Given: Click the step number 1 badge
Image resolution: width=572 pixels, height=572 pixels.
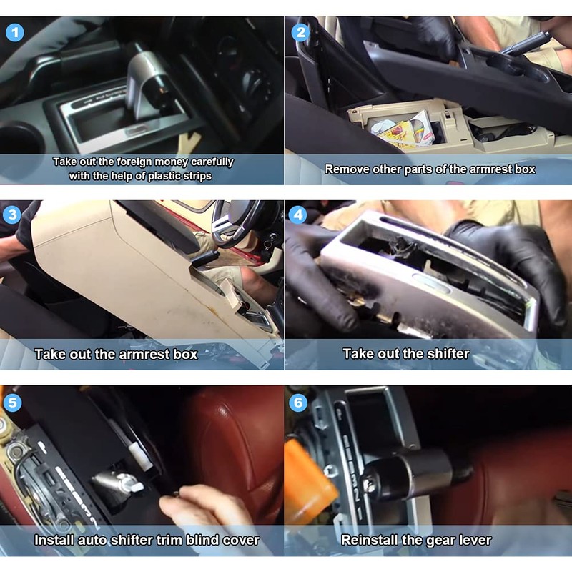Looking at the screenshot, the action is pyautogui.click(x=15, y=32).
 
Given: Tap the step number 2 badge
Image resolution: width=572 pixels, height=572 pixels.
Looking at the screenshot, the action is pyautogui.click(x=300, y=32).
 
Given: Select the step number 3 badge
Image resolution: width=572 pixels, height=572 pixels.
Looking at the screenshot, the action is pyautogui.click(x=12, y=214).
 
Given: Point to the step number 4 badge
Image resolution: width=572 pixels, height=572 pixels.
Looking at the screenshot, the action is pyautogui.click(x=298, y=214).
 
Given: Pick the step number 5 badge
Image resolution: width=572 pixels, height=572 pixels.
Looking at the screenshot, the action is pyautogui.click(x=12, y=403).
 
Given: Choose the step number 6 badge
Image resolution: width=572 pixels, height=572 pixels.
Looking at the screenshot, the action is pyautogui.click(x=298, y=403).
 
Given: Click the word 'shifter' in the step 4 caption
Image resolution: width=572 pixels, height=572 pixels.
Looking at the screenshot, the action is pyautogui.click(x=448, y=354).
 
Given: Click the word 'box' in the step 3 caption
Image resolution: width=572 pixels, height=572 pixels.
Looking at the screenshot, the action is pyautogui.click(x=185, y=354).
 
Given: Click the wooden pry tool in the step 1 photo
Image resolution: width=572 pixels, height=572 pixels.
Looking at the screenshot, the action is pyautogui.click(x=189, y=143).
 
